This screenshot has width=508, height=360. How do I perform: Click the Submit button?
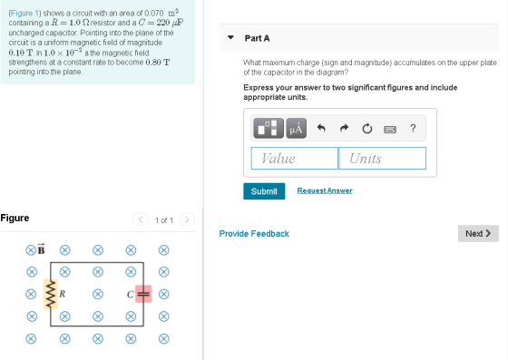(264, 191)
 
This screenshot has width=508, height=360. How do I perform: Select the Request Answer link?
(325, 190)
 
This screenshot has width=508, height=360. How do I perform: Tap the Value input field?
(295, 159)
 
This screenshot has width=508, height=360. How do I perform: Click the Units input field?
(382, 159)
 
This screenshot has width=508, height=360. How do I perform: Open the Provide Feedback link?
(254, 234)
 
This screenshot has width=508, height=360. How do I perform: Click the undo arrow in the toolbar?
(321, 128)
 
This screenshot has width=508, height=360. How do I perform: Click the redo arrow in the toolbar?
(344, 128)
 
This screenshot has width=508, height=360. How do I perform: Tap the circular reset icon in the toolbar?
(367, 129)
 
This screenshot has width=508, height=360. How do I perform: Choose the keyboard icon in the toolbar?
(390, 130)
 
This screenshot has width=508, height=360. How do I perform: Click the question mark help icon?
(413, 128)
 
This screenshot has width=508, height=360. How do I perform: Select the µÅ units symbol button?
(296, 128)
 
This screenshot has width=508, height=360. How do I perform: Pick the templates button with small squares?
(269, 128)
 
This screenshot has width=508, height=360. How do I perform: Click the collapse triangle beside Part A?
(230, 37)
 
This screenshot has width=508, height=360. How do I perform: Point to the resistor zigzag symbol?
(50, 294)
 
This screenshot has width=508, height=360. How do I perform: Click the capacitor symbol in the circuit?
(143, 294)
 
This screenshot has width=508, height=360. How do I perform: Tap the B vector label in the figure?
(41, 249)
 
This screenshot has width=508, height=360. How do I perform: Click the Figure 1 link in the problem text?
(24, 14)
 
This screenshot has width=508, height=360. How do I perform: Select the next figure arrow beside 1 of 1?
(187, 219)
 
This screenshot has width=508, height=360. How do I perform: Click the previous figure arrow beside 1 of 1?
(141, 219)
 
